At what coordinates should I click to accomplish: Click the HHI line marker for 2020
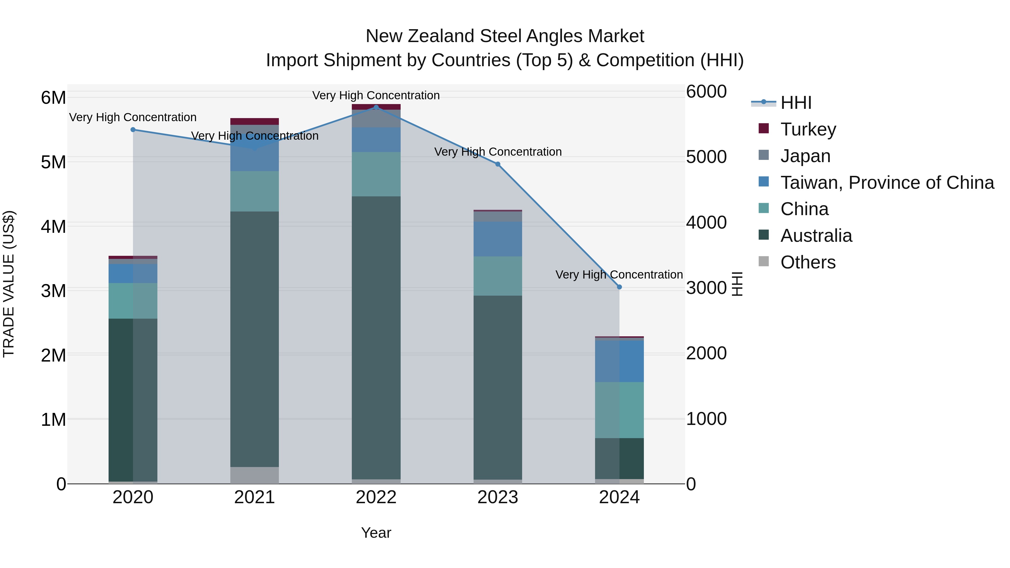(133, 130)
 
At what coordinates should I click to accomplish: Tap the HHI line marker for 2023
(498, 164)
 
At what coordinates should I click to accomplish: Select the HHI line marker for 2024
(619, 287)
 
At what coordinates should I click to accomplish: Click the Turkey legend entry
(808, 129)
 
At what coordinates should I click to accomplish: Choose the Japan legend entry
(805, 156)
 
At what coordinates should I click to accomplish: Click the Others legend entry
(808, 262)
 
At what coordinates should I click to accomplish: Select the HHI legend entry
(796, 103)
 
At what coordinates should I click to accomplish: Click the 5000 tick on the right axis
(706, 157)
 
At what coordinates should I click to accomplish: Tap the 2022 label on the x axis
(376, 497)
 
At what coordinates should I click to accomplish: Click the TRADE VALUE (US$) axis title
(9, 284)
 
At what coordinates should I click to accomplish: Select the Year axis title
(376, 533)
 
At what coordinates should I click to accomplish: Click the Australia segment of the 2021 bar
(254, 339)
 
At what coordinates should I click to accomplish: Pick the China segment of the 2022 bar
(376, 174)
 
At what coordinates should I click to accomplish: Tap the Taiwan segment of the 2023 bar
(498, 239)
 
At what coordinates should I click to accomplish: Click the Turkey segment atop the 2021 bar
(254, 121)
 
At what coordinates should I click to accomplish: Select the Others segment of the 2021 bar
(254, 475)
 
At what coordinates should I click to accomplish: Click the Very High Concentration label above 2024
(619, 274)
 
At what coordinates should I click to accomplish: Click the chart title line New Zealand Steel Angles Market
(505, 36)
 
